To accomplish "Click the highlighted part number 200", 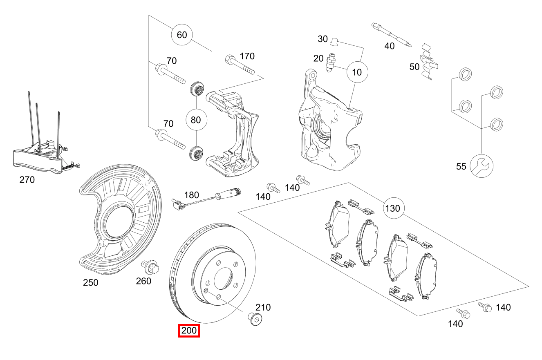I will (x=189, y=330).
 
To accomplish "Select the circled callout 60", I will (x=181, y=35).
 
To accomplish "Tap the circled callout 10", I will (x=357, y=72).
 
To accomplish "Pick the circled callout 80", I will (x=196, y=120).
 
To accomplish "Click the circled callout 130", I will (x=393, y=208).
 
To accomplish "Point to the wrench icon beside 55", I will (x=482, y=165).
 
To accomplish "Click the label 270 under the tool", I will (x=27, y=179).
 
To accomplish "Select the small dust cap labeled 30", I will (x=334, y=41).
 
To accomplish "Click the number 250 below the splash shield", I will (x=90, y=282).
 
